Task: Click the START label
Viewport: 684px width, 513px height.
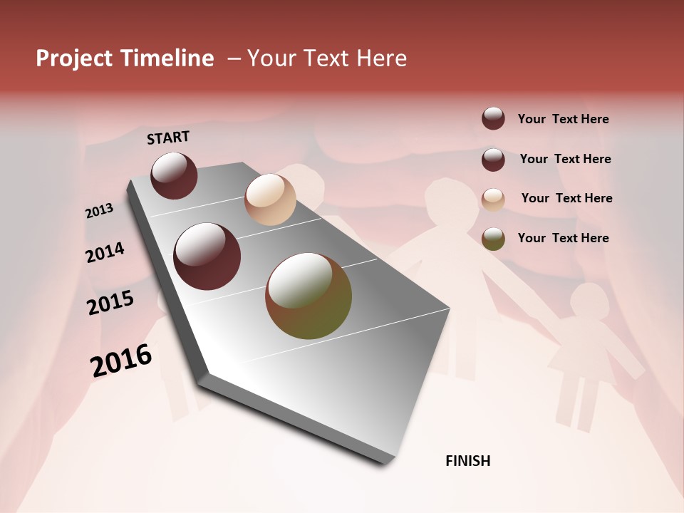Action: (x=168, y=138)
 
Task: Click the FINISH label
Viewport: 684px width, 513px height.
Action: (x=467, y=461)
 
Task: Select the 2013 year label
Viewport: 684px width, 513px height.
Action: (x=99, y=211)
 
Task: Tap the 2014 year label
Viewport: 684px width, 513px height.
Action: (x=105, y=253)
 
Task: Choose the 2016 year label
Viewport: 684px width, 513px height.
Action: (x=121, y=361)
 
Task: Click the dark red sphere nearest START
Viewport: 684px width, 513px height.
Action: (x=174, y=175)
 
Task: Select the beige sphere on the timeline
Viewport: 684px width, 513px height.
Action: (x=270, y=199)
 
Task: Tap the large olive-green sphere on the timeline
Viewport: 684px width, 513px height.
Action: (x=309, y=296)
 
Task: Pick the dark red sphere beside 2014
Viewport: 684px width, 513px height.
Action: (x=207, y=256)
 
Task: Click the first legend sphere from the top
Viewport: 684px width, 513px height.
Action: (x=493, y=118)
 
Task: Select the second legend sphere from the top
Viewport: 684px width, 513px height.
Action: (x=493, y=160)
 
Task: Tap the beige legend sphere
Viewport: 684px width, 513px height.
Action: (x=493, y=199)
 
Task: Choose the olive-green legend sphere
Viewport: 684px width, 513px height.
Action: (x=493, y=239)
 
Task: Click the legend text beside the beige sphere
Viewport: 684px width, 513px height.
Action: (x=566, y=198)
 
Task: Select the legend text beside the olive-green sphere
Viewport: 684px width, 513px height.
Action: (x=563, y=238)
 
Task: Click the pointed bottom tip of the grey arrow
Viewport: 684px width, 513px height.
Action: (x=385, y=462)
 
